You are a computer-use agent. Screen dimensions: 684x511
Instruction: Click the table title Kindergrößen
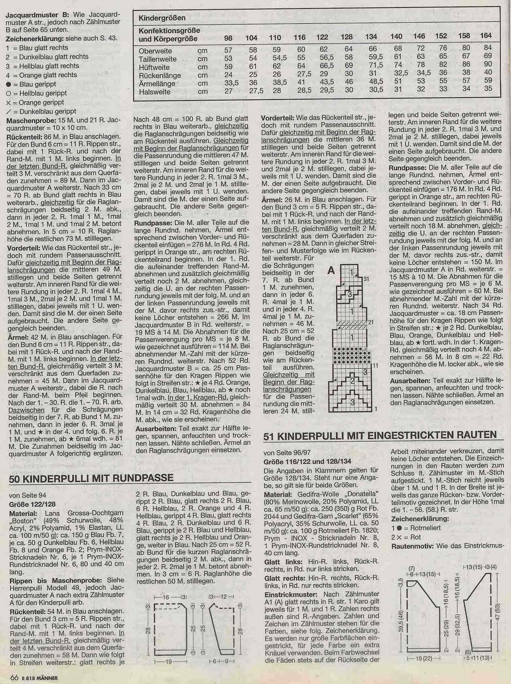(x=162, y=18)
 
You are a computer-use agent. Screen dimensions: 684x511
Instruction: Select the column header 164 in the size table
(x=486, y=36)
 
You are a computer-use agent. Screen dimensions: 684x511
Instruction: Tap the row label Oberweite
(x=155, y=51)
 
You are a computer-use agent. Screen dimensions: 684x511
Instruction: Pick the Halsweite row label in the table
(x=154, y=92)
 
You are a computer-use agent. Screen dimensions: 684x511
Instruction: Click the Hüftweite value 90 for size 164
(x=487, y=64)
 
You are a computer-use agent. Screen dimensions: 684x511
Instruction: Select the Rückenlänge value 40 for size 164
(x=488, y=72)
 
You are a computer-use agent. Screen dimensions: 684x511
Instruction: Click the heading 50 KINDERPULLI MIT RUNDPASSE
(x=91, y=478)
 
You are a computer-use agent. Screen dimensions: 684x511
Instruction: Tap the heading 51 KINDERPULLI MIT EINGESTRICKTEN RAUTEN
(x=380, y=435)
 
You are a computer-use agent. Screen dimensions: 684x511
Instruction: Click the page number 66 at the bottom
(x=14, y=678)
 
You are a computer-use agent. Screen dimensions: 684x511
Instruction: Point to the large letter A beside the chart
(x=331, y=270)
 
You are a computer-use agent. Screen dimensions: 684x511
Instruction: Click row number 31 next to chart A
(x=366, y=279)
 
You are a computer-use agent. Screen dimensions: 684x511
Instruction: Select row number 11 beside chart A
(x=375, y=366)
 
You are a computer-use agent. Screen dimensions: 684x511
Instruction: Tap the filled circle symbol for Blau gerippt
(x=9, y=84)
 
